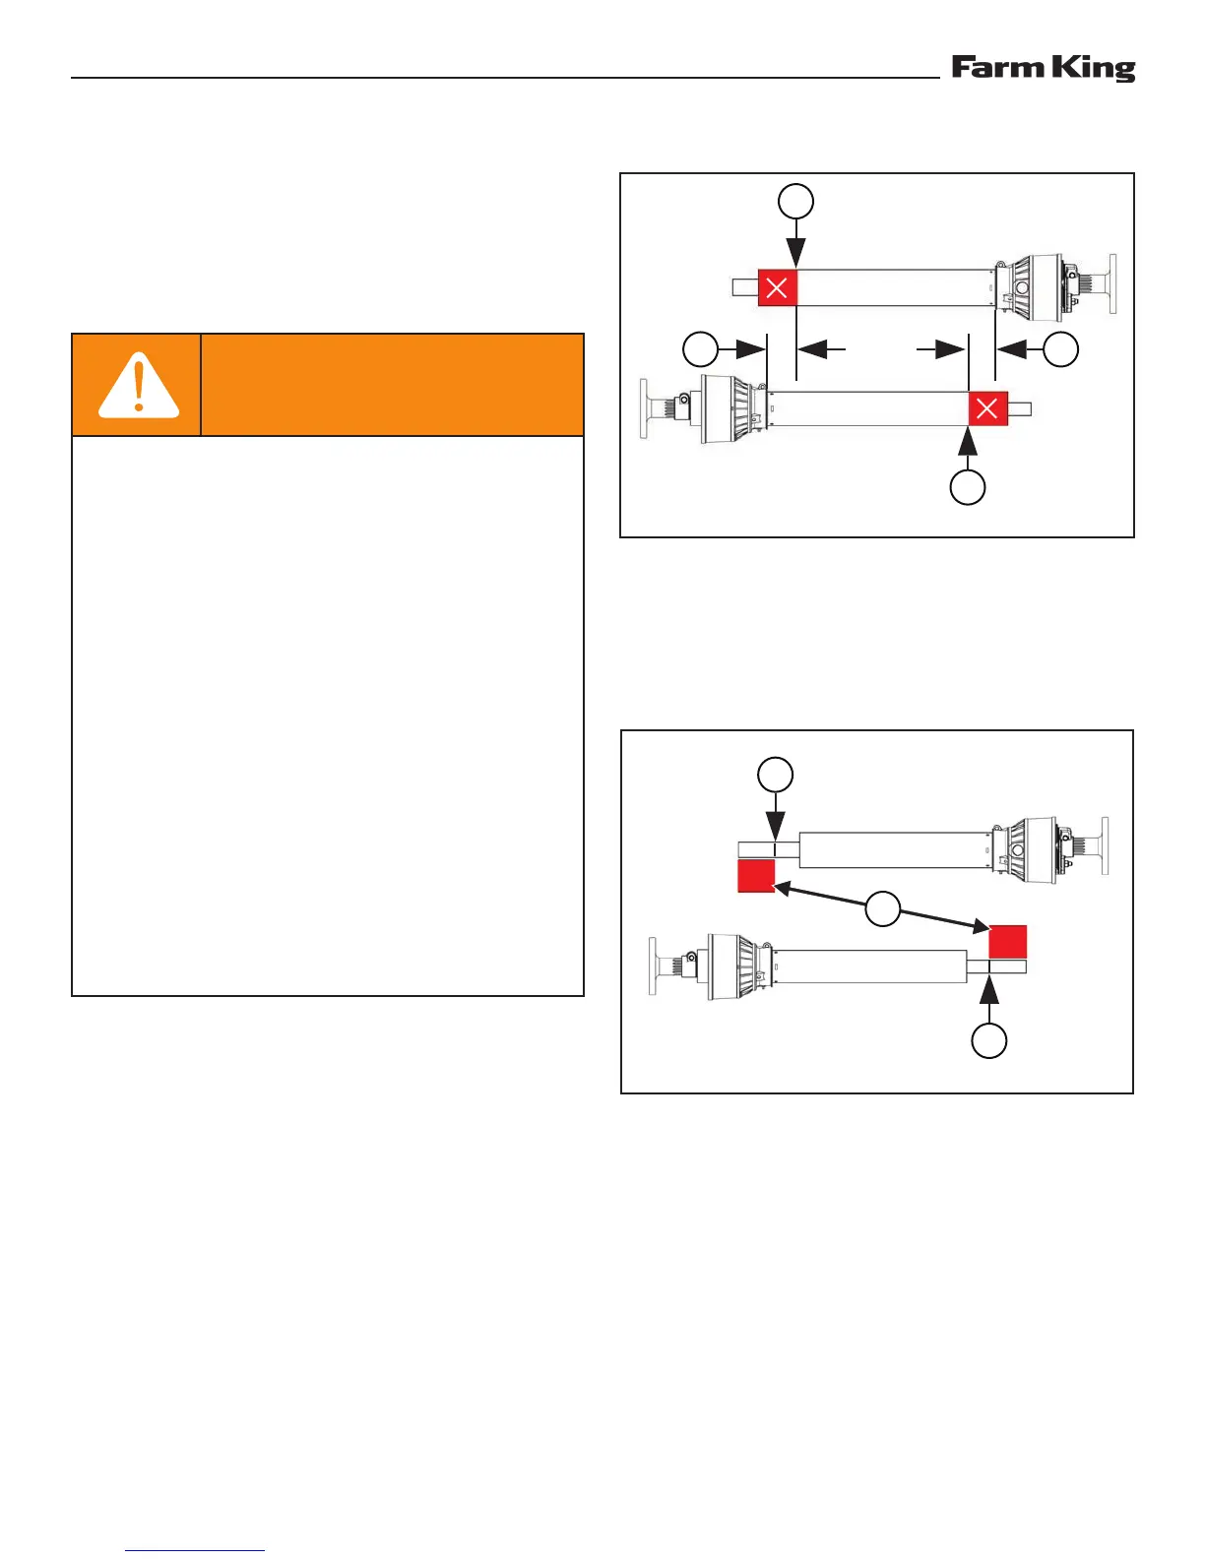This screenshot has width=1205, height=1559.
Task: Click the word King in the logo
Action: (x=1093, y=68)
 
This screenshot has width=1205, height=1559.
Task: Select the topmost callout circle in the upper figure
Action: (x=796, y=201)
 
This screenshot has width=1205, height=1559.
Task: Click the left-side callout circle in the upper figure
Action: (x=701, y=348)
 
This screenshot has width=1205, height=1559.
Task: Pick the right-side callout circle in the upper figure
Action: (x=1060, y=348)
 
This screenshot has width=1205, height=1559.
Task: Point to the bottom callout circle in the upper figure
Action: (x=968, y=487)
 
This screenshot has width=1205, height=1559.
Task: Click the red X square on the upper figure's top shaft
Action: (x=777, y=287)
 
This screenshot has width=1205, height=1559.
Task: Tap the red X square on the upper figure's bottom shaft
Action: (x=987, y=408)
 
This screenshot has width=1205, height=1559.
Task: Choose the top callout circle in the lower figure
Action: (x=776, y=774)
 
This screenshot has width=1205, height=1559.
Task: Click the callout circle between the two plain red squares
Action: (x=883, y=907)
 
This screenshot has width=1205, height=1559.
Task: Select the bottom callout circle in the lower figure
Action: (x=989, y=1040)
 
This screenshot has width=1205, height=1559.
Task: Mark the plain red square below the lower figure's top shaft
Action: (x=756, y=875)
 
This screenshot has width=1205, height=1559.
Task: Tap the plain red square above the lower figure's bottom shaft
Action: (x=1007, y=941)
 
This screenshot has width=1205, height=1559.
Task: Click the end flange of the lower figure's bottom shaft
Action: (x=653, y=967)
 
